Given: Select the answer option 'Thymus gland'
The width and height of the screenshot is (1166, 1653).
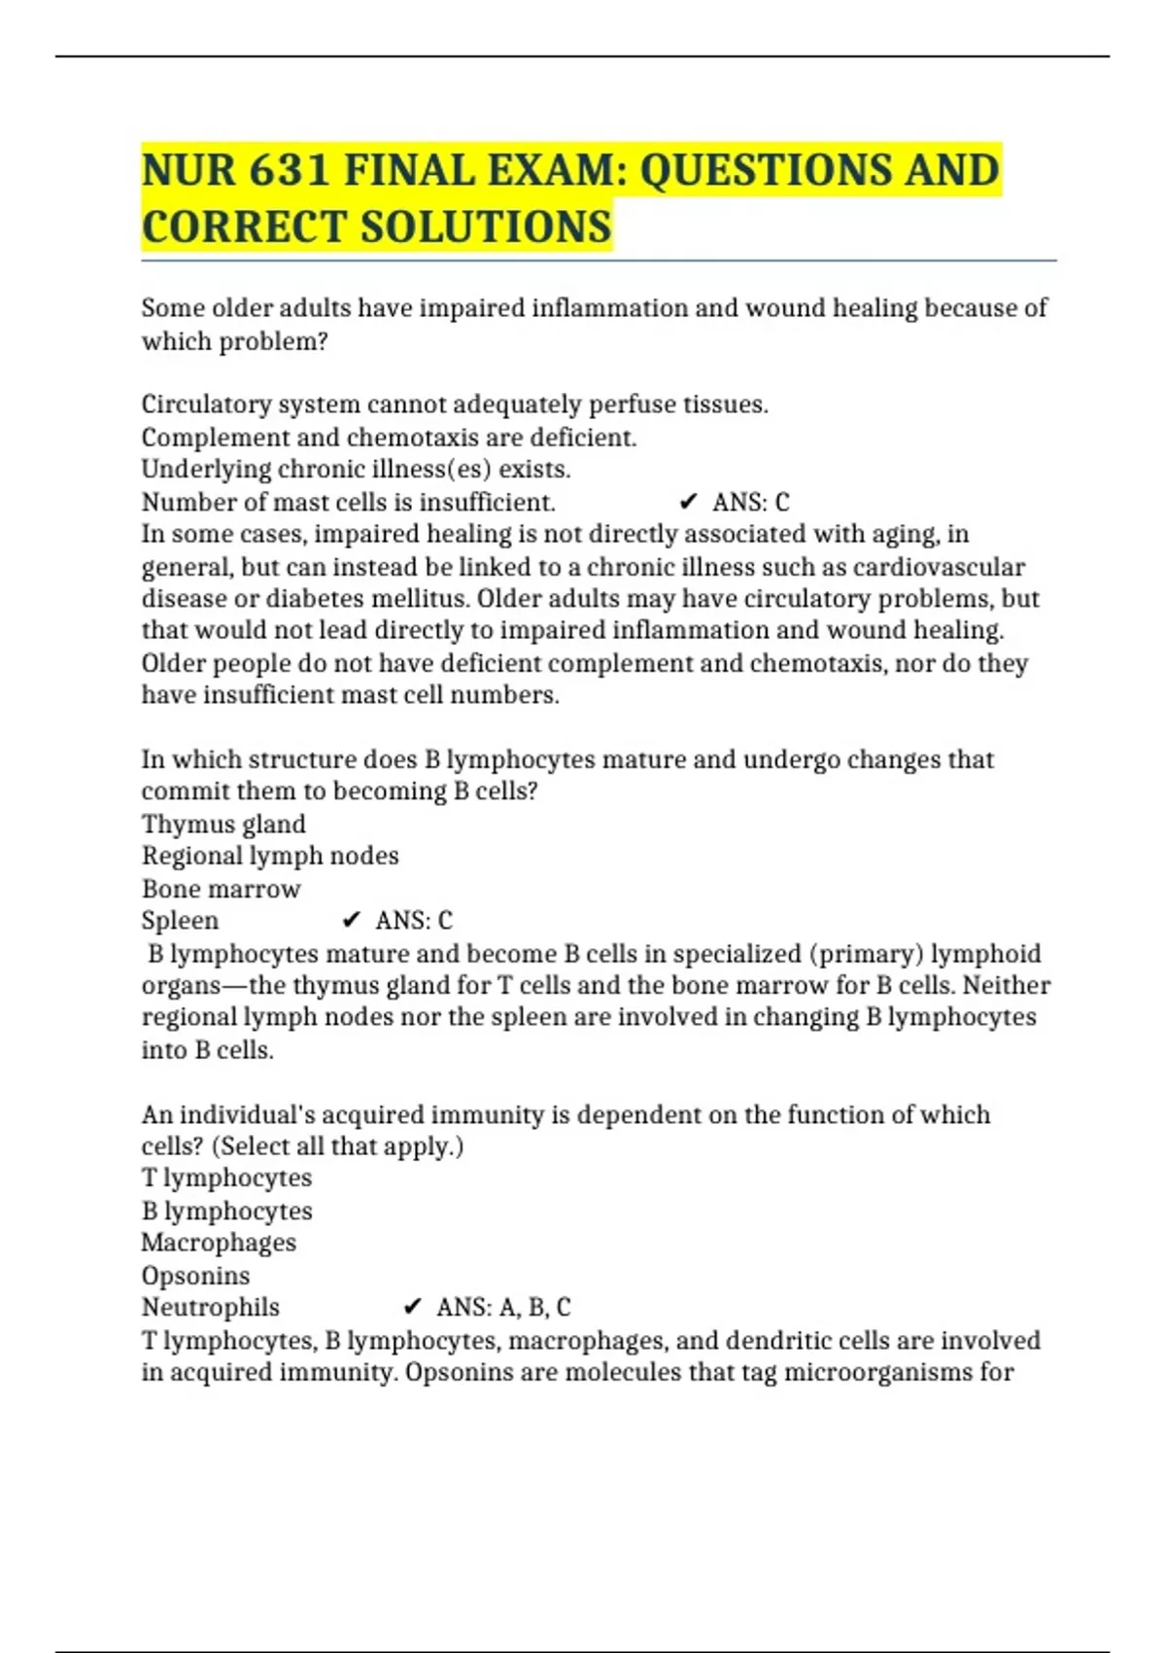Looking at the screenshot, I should point(223,824).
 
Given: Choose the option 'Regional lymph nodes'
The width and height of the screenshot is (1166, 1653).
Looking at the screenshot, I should point(270,856).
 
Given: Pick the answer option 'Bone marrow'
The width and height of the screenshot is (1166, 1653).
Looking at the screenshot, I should point(222,889).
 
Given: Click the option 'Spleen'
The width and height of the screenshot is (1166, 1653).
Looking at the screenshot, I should point(180,920).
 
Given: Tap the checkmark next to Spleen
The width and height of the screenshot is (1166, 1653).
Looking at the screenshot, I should point(352,920).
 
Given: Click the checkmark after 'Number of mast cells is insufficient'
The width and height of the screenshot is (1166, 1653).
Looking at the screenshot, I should point(688,502).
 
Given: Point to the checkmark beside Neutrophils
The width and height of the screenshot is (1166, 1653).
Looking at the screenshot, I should point(412,1307).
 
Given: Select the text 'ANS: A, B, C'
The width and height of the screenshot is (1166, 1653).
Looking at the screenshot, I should point(503,1307).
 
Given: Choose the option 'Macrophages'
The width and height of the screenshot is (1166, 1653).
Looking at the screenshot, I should point(219,1243).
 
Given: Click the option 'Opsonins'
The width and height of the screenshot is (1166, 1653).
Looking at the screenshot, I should point(195,1275).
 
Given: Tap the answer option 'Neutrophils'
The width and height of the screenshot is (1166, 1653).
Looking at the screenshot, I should point(210,1307).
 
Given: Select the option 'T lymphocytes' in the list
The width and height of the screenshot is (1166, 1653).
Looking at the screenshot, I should point(226,1178).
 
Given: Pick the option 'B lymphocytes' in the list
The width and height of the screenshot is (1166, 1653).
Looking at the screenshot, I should point(226,1211).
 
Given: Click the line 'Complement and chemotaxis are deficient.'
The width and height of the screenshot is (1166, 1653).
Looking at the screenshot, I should point(389,438).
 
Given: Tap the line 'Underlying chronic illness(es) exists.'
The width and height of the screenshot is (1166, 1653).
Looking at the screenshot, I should point(356,469).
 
